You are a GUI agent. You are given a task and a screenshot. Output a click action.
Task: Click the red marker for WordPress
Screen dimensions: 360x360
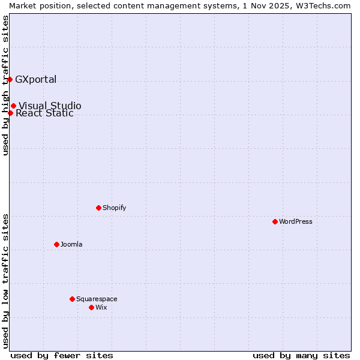click(x=275, y=221)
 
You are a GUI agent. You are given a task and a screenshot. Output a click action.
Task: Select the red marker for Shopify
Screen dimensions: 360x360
click(x=98, y=208)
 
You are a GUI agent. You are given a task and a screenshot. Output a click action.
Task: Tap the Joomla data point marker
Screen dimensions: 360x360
click(x=56, y=244)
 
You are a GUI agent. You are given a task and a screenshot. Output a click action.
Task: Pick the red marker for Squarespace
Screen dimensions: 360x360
click(x=72, y=299)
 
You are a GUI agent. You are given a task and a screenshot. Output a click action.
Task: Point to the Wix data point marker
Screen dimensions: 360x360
click(x=91, y=307)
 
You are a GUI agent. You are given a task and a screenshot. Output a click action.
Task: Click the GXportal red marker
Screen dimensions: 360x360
click(x=10, y=79)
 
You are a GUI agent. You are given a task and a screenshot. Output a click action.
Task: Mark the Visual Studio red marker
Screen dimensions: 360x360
click(x=13, y=106)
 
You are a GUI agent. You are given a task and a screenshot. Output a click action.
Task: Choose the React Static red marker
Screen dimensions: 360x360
click(x=10, y=113)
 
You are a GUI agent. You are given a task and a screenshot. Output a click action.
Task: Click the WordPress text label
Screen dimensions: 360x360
click(x=296, y=221)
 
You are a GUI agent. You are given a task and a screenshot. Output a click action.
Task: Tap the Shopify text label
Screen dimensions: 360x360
click(x=114, y=208)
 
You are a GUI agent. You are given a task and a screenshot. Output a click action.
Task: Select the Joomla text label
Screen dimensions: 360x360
click(x=71, y=244)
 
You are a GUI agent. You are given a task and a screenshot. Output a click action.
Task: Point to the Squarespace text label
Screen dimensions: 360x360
click(x=97, y=299)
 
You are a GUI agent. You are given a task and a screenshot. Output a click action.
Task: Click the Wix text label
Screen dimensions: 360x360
click(x=101, y=307)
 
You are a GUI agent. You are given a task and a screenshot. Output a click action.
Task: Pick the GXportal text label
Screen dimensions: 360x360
click(x=36, y=79)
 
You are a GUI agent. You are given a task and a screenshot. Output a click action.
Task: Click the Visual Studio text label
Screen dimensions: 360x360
click(x=50, y=106)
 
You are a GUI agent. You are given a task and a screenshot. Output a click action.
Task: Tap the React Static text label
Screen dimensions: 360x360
click(x=44, y=113)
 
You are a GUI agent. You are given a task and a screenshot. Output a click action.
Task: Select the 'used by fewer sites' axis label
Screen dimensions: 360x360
click(x=62, y=355)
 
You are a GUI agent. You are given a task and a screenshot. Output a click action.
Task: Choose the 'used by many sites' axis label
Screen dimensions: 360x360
click(x=301, y=355)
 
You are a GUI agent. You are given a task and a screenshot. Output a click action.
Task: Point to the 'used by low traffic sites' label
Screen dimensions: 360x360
click(x=5, y=280)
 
